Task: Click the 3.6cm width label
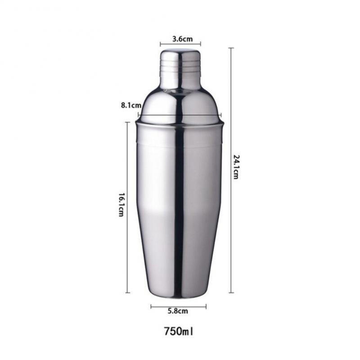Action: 180,39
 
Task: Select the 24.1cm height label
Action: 236,166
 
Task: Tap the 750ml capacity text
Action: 179,332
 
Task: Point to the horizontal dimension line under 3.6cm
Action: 180,45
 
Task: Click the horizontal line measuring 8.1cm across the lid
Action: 180,115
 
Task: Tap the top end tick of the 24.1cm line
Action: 231,48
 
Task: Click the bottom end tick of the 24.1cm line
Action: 231,292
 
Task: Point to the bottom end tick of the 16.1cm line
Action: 127,292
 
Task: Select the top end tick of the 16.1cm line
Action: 127,122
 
